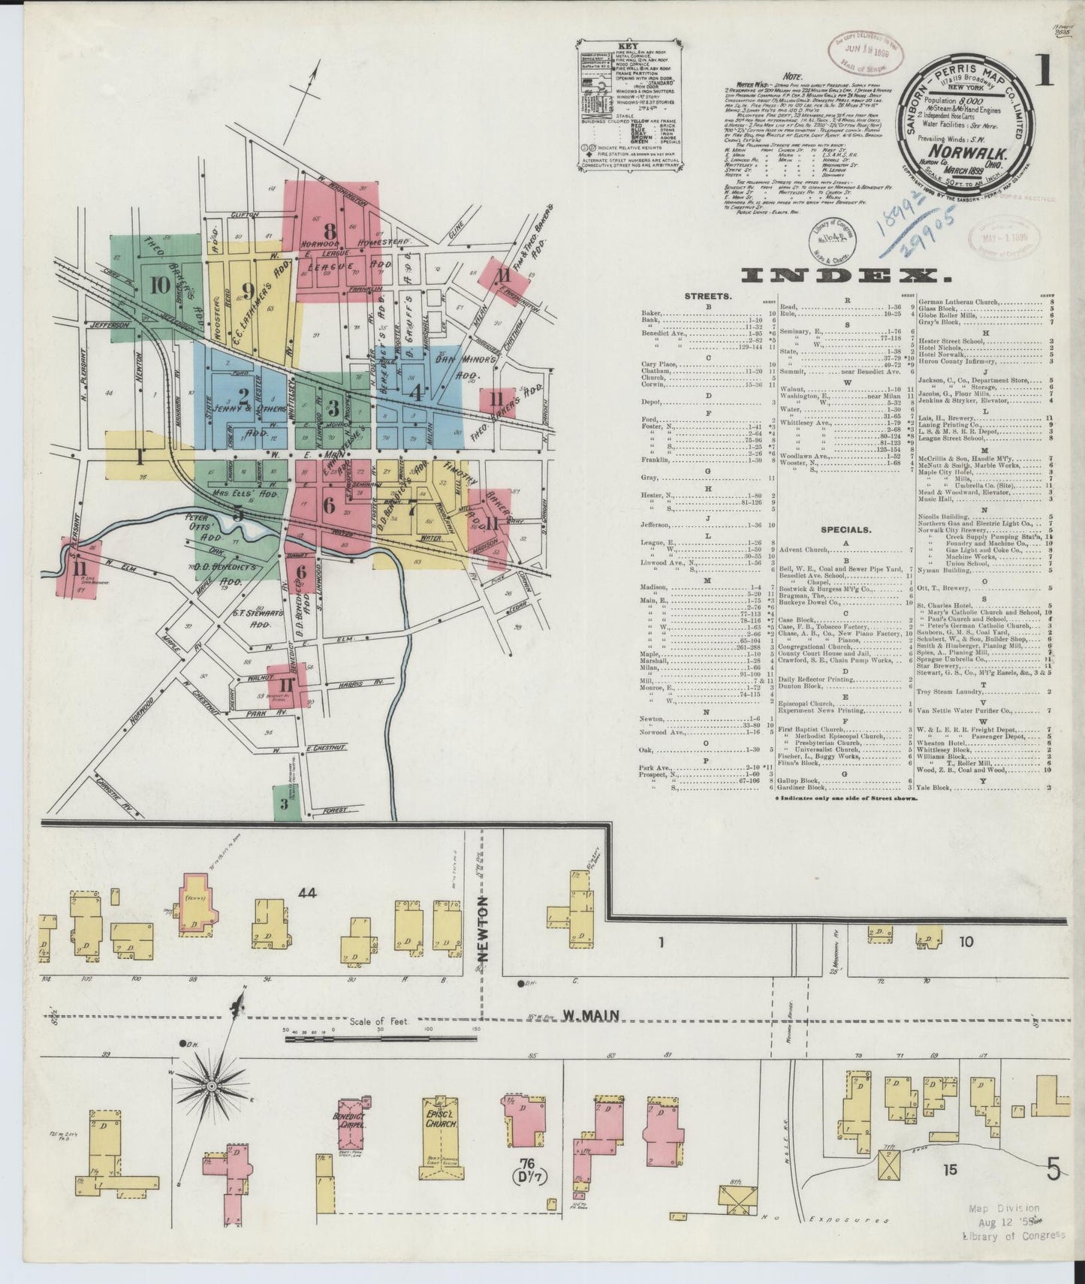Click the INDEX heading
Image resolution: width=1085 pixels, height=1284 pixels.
tap(846, 276)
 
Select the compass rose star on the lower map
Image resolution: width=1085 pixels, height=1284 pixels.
tap(212, 1086)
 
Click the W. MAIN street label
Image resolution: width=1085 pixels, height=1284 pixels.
tap(591, 1015)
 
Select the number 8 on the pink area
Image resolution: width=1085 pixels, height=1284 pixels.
tap(329, 231)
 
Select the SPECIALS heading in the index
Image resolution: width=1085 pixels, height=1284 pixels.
tap(845, 529)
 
